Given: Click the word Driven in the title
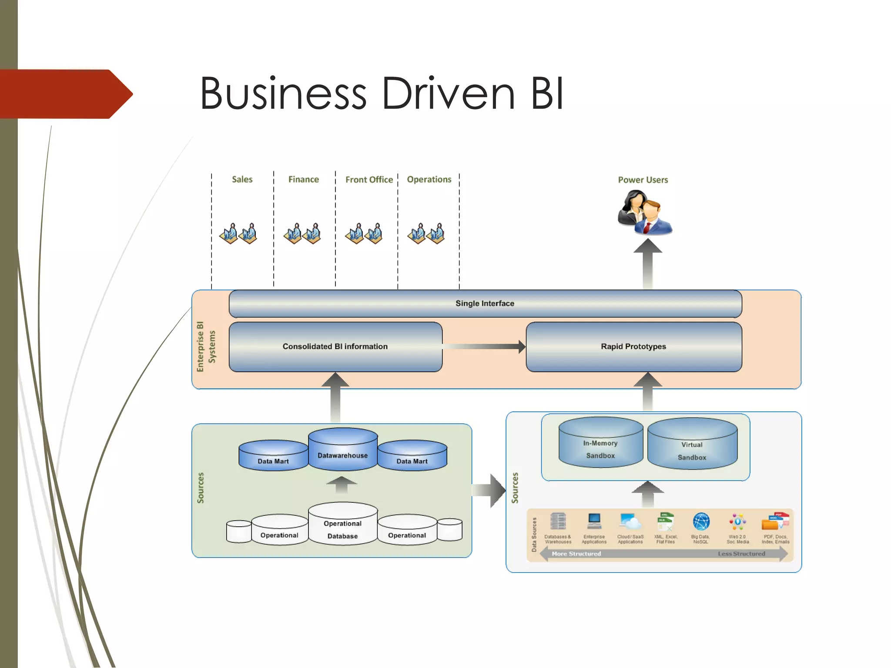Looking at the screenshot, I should pyautogui.click(x=448, y=94).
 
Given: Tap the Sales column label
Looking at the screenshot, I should pyautogui.click(x=242, y=179).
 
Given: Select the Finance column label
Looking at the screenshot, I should pyautogui.click(x=303, y=179).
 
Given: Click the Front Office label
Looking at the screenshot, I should pyautogui.click(x=369, y=180).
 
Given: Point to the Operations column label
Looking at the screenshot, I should pyautogui.click(x=429, y=179).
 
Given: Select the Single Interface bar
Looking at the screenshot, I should pyautogui.click(x=485, y=304).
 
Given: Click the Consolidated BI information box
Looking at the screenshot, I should pyautogui.click(x=335, y=347).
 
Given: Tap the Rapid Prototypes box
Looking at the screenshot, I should pyautogui.click(x=633, y=347).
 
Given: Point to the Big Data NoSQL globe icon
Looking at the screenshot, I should pyautogui.click(x=701, y=521).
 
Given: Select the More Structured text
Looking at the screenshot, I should pyautogui.click(x=576, y=554).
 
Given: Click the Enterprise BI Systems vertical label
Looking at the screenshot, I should pyautogui.click(x=205, y=347).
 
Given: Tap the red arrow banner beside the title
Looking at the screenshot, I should pyautogui.click(x=65, y=94).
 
